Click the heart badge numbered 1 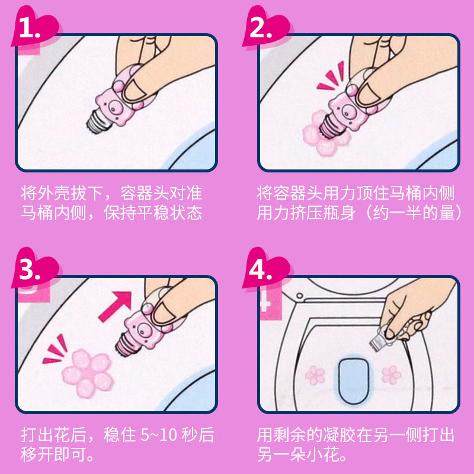coord(35,28)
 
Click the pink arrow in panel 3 coord(116,306)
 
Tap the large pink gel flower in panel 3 coord(88,373)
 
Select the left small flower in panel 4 coord(315,375)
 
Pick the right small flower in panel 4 coord(391,375)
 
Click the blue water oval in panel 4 coord(353,381)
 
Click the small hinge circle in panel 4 coord(300,295)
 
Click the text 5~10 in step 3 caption coord(159,435)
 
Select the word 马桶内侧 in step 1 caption coord(53,213)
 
